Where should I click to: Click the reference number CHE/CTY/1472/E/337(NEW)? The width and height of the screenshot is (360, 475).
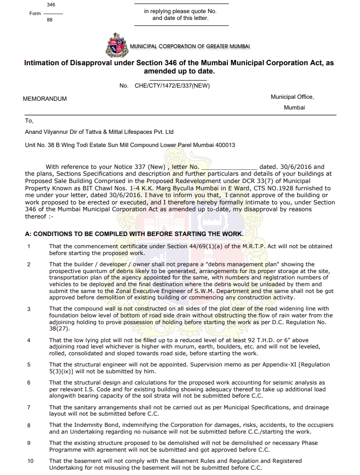[172, 86]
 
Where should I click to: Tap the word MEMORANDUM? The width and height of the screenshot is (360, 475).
[45, 99]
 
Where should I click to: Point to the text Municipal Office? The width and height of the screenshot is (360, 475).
[292, 97]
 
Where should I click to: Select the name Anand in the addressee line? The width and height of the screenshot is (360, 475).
[35, 132]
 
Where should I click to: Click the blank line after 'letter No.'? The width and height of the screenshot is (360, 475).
[229, 167]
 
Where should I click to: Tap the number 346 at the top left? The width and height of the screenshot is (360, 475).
[51, 5]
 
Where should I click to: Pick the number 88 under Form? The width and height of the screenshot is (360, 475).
[50, 20]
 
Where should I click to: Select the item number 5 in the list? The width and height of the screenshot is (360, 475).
[29, 365]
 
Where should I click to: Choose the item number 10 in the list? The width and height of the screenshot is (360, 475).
[30, 461]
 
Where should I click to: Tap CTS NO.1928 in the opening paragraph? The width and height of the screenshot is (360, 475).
[264, 188]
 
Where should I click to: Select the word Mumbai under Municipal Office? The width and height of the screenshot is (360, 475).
[294, 108]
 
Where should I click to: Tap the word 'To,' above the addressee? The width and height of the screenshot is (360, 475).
[29, 121]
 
